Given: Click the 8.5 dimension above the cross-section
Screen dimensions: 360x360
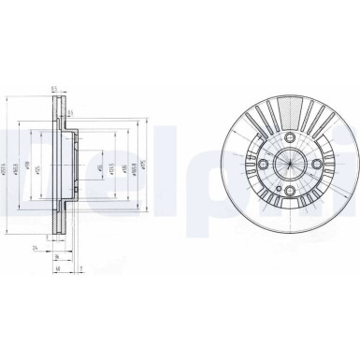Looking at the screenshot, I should point(56,91).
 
